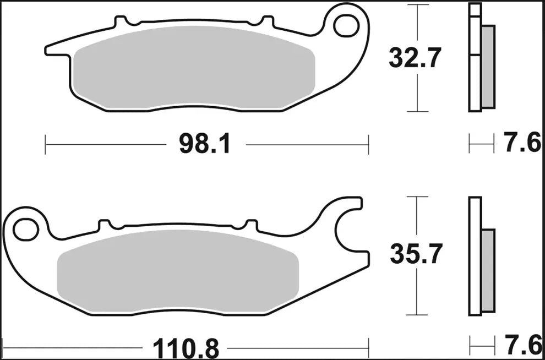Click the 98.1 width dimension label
[205, 145]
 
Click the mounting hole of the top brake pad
[345, 24]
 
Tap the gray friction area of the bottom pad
[176, 272]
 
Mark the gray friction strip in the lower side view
[488, 270]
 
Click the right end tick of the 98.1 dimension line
[368, 145]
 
